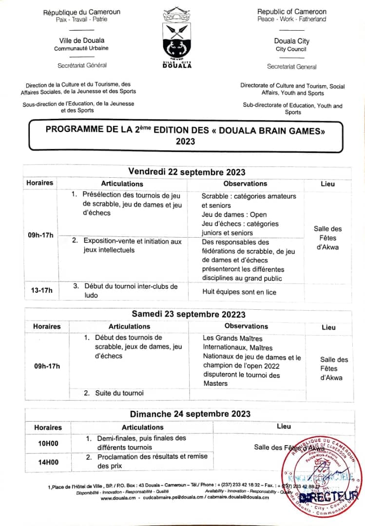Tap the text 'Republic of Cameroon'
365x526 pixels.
292,11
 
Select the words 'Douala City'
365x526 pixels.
292,41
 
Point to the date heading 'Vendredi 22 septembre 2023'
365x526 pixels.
187,172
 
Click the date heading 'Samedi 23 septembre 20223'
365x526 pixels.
188,314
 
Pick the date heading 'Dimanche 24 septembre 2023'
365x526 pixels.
190,414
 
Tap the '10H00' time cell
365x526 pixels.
48,443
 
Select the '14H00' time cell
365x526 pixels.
48,462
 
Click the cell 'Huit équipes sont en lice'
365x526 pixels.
239,292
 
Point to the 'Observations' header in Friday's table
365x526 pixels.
245,184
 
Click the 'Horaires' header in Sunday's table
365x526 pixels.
48,427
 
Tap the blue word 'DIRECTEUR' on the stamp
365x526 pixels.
327,497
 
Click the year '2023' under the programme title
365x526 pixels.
185,141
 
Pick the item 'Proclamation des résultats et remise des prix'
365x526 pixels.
152,461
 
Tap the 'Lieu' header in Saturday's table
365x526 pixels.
328,327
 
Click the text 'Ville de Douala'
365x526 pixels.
81,40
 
